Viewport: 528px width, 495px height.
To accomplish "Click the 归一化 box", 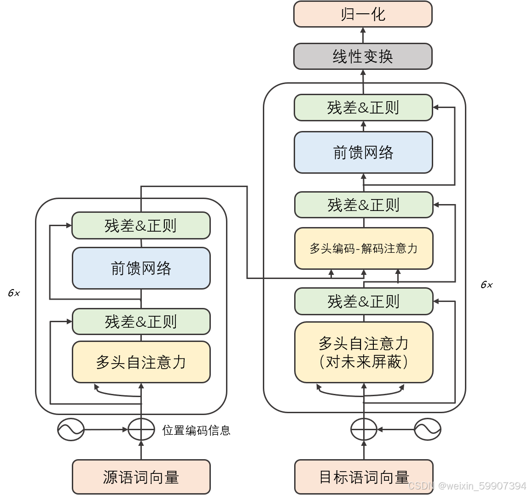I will [363, 14].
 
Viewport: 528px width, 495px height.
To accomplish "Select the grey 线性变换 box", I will [363, 57].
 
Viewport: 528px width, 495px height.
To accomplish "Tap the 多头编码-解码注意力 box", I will [364, 248].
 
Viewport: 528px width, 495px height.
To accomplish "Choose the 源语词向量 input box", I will [141, 477].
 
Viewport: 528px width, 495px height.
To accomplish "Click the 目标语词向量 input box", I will [364, 477].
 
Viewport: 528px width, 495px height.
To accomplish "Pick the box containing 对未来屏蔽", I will [364, 352].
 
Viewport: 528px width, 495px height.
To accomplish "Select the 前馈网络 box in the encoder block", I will [141, 268].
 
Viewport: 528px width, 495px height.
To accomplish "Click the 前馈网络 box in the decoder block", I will [363, 153].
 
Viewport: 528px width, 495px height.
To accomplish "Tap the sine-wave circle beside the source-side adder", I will [70, 430].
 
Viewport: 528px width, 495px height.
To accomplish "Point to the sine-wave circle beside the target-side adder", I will [427, 430].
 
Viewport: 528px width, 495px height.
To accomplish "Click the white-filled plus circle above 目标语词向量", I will [364, 430].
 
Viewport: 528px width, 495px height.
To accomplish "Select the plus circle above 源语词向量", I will [141, 430].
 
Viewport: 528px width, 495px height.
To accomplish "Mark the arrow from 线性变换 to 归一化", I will [363, 35].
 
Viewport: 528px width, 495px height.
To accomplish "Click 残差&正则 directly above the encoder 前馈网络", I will [141, 226].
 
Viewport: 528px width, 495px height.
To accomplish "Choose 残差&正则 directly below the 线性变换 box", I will [363, 108].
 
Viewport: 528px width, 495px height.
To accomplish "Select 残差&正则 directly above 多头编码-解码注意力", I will [364, 205].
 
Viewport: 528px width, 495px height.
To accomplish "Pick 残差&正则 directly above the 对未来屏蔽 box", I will [364, 302].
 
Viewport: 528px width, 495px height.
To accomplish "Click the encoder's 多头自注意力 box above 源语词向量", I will [141, 362].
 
